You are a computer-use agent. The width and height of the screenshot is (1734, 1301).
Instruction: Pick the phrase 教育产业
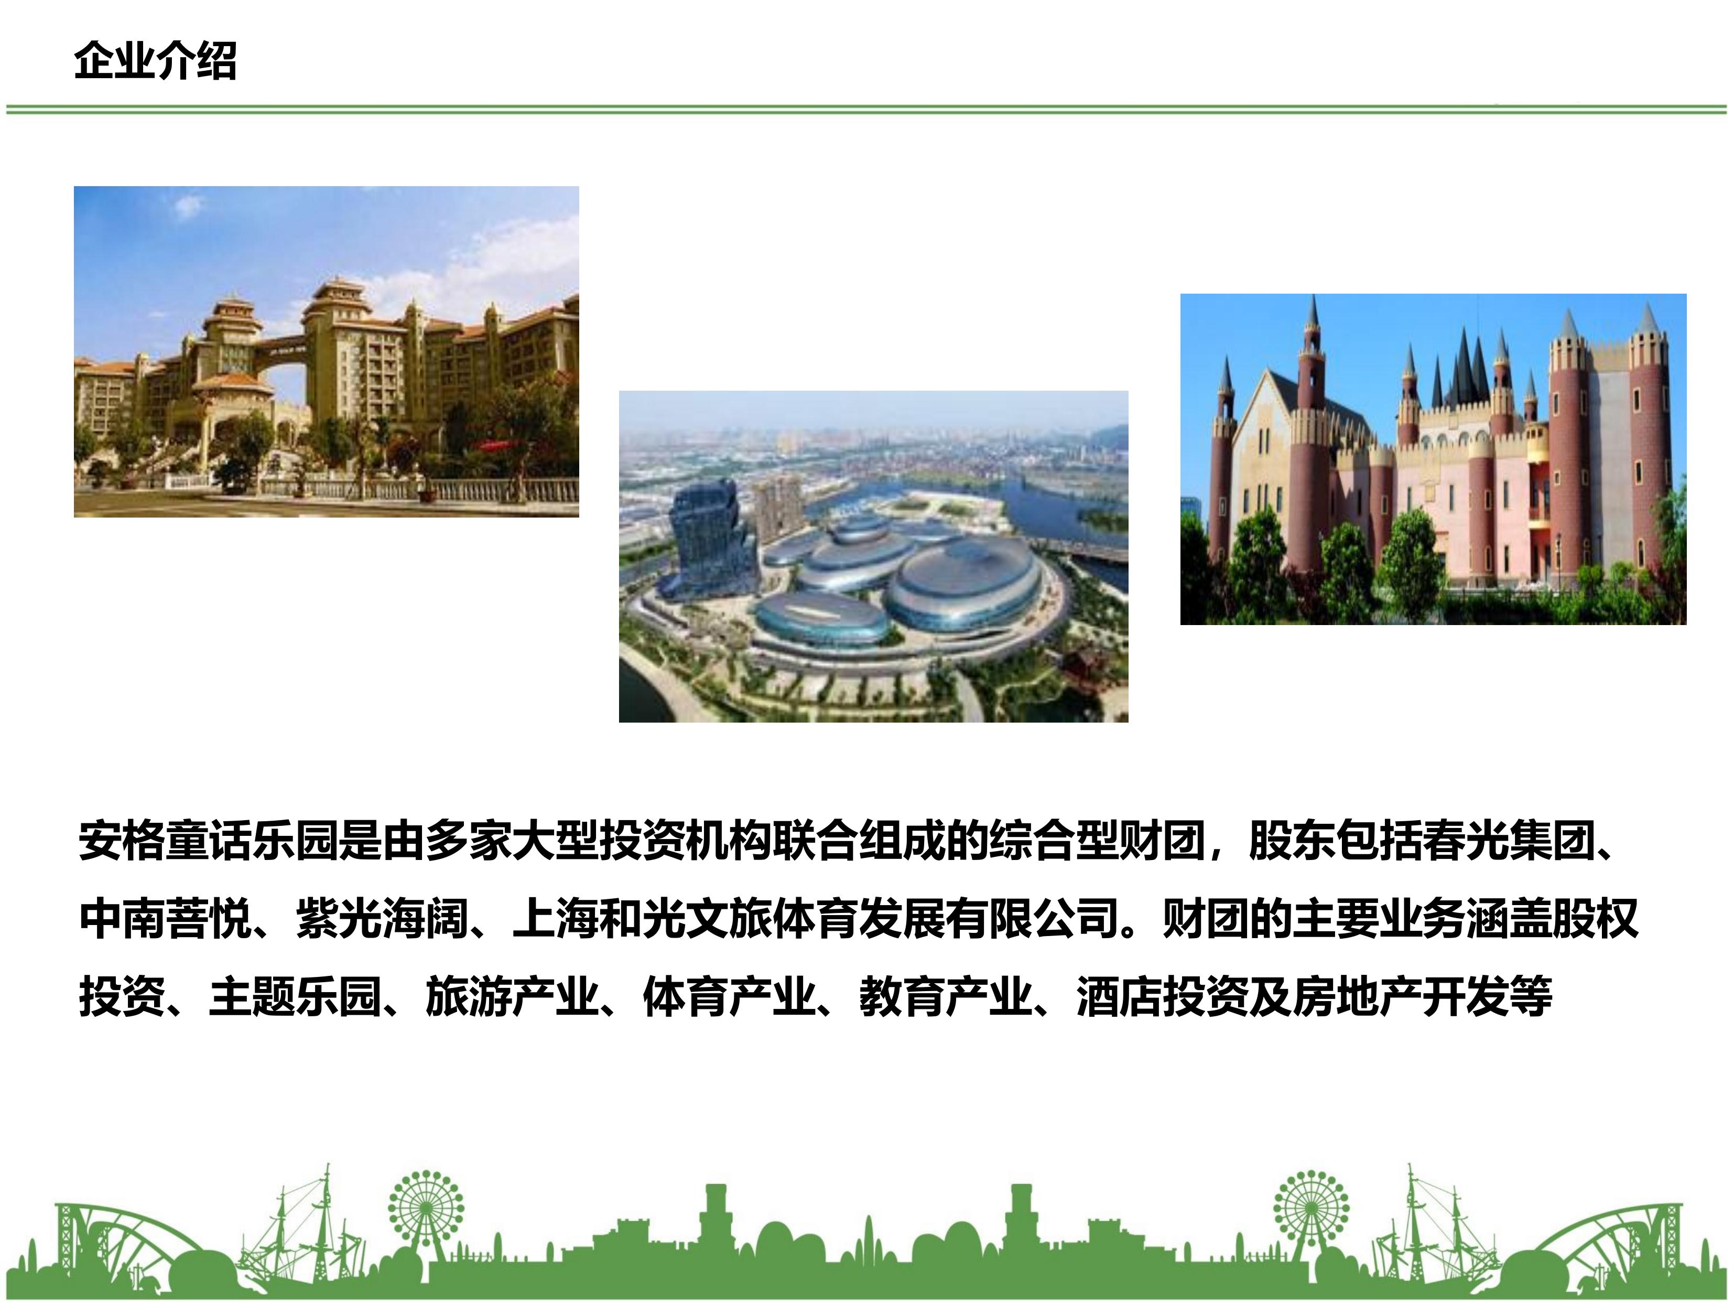coord(946,997)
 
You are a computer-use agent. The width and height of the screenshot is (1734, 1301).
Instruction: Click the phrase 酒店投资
coord(1163,997)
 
